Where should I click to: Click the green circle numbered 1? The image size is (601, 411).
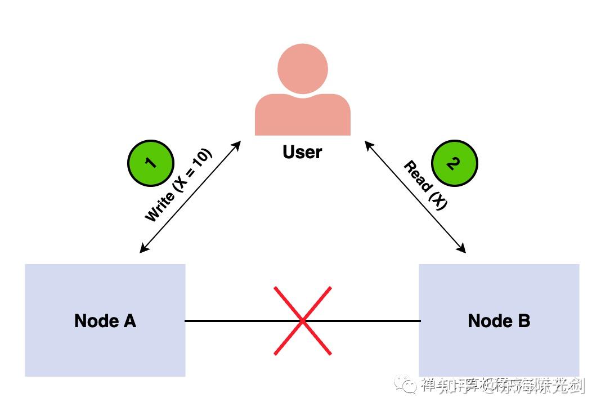point(150,163)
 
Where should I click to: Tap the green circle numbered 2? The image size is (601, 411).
point(454,163)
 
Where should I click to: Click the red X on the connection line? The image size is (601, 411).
point(303,321)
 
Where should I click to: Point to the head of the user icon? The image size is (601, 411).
point(303,69)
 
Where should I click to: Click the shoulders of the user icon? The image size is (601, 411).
point(303,115)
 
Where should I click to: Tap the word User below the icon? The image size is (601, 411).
point(303,152)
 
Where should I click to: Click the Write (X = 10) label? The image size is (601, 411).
point(178,186)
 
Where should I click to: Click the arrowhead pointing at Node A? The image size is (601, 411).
point(142,250)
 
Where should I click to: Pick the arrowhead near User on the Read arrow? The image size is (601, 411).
point(367,144)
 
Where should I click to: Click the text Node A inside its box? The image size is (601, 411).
point(105,321)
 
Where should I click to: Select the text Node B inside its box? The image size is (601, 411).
point(499,321)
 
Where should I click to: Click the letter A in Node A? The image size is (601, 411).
point(129,321)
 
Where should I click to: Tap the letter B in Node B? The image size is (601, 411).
point(523,321)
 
